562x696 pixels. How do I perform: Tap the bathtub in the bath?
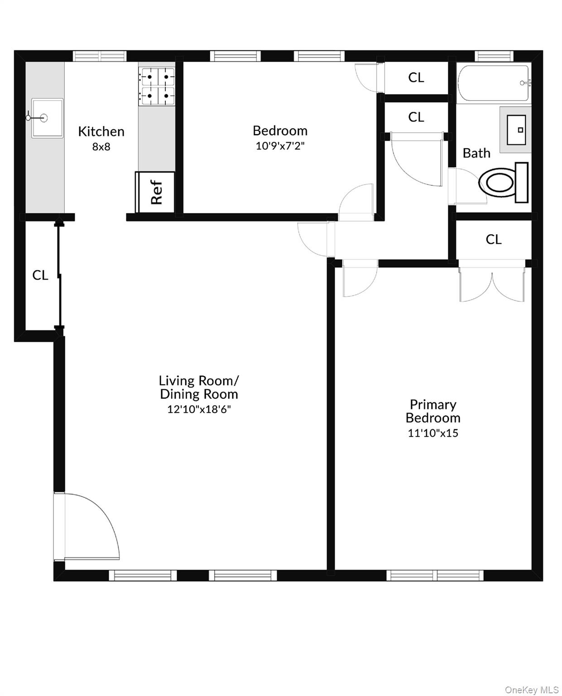coord(494,83)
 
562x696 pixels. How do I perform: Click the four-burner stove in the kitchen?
coord(156,87)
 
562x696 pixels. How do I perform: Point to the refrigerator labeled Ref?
coord(155,192)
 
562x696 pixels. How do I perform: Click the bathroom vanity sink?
coord(516,130)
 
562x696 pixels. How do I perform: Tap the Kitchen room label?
coord(101,131)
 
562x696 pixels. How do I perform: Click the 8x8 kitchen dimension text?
coord(101,147)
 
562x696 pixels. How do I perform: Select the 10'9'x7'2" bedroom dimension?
coord(280,146)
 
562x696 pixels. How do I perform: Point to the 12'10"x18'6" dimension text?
coord(199,409)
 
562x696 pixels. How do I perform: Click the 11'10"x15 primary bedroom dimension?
coord(433,433)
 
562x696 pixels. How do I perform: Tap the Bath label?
coord(476,153)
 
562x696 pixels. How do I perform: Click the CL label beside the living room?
coord(40,275)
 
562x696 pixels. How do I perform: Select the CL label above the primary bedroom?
coord(494,240)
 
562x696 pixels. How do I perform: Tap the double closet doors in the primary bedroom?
coord(492,280)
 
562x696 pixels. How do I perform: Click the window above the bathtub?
coord(494,56)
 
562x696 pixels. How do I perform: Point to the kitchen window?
coord(99,56)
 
